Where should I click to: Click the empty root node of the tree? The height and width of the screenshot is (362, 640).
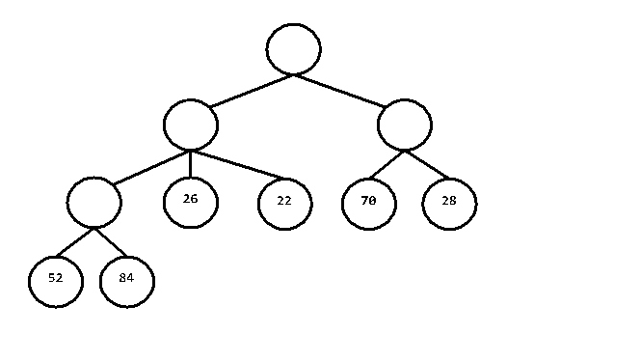(294, 49)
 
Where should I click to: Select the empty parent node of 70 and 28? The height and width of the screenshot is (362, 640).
(405, 125)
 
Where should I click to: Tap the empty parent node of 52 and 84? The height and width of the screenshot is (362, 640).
(94, 202)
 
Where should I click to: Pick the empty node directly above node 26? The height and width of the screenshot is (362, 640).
(191, 125)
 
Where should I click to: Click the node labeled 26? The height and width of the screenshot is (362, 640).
(191, 201)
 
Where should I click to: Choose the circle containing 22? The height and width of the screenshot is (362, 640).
(284, 204)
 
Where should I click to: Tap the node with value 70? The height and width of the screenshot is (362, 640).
(368, 203)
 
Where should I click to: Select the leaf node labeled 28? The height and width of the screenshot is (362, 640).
(449, 203)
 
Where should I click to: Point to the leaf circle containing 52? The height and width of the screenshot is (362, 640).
(56, 280)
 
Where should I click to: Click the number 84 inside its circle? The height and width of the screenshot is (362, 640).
(126, 279)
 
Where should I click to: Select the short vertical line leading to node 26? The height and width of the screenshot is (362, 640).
(191, 163)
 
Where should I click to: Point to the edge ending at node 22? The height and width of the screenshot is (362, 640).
(238, 165)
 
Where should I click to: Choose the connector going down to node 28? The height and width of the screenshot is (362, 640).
(427, 165)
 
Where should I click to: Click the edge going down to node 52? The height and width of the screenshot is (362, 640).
(76, 243)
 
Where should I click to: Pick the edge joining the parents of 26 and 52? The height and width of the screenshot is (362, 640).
(151, 167)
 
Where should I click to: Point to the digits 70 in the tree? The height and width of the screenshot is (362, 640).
(368, 202)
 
